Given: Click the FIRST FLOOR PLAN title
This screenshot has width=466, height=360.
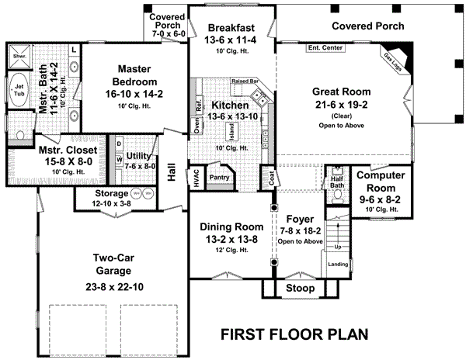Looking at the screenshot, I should click(x=294, y=334).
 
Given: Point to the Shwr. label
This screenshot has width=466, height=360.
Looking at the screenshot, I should click(x=16, y=57).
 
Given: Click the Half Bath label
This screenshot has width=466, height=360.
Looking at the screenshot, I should click(x=336, y=178).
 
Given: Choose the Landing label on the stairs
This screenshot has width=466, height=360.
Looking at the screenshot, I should click(x=339, y=265).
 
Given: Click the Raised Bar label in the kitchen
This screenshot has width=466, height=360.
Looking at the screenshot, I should click(x=245, y=81).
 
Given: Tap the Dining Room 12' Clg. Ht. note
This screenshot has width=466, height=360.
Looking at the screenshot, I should click(x=232, y=250).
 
